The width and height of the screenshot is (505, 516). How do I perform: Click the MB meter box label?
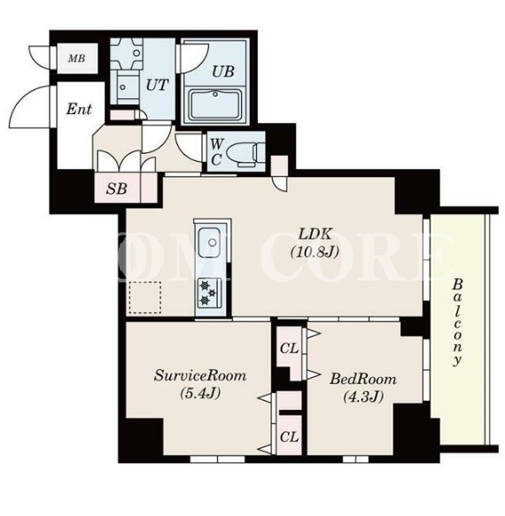point(77,58)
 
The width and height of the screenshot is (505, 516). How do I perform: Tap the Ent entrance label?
point(79,109)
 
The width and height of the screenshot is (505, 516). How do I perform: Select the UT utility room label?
point(157,85)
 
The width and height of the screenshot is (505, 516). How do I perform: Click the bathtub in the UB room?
point(214,104)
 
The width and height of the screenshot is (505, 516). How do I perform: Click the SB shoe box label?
point(117,189)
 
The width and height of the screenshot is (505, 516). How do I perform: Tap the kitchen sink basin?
point(209,243)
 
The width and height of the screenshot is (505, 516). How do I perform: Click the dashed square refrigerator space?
point(145,297)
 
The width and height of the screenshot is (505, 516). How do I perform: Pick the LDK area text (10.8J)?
point(315,252)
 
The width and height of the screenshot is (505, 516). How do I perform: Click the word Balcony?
point(457,322)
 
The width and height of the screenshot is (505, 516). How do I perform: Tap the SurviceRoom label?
point(200,375)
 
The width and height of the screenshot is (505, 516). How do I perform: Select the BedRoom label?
point(363,379)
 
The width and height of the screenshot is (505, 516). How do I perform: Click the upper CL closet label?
point(289,349)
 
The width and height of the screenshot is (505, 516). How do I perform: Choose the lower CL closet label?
point(289,437)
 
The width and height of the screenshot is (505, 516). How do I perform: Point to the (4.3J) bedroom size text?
point(363,397)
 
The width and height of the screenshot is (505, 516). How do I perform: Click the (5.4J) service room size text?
point(200,393)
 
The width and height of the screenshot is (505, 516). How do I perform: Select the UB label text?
point(223,72)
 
